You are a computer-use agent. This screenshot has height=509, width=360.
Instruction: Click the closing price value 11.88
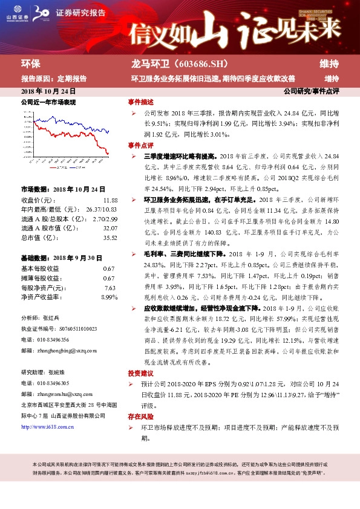110,199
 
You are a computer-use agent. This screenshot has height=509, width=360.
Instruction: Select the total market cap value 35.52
110,238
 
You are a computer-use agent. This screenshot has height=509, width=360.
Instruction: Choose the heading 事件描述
140,102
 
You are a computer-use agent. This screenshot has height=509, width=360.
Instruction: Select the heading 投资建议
140,373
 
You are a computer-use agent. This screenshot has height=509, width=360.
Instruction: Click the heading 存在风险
140,417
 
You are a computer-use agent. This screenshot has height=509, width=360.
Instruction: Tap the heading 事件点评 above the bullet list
140,146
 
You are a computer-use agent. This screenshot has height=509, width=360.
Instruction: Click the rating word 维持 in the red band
330,63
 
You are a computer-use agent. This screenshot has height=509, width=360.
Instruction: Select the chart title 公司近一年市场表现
48,103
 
